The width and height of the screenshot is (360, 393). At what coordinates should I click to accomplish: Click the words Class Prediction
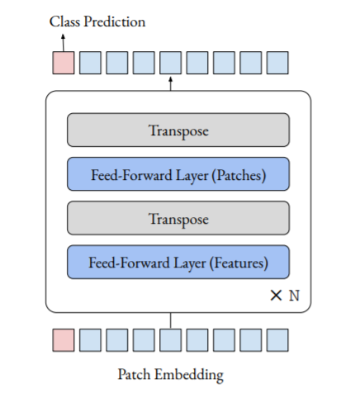97,21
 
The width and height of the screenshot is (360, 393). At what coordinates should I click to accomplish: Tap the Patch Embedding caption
171,375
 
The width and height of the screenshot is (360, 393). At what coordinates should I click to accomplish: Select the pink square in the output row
64,63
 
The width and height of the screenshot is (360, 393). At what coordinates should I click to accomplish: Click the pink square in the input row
64,340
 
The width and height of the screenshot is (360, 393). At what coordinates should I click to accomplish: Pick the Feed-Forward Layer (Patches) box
178,174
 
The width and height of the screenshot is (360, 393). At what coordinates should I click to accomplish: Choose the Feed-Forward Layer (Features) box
178,262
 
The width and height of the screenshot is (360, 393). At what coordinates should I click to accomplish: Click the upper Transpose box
178,130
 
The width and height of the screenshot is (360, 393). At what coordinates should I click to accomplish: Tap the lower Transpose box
178,218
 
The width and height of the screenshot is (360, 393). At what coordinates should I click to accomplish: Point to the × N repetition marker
285,296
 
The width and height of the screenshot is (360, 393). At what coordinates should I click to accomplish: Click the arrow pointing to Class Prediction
64,43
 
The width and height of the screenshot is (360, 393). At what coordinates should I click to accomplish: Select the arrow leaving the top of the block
171,83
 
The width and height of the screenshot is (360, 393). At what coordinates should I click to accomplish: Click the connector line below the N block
171,320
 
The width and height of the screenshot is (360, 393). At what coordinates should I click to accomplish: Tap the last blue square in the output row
277,63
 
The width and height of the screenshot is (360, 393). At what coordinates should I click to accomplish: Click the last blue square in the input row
277,340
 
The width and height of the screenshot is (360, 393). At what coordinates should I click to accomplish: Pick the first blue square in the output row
90,63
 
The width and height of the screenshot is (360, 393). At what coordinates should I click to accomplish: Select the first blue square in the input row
90,340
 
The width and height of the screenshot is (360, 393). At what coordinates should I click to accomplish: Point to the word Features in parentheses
239,263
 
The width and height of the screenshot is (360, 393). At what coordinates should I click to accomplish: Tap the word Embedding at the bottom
189,375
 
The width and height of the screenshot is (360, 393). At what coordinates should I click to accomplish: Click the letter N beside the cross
294,296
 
